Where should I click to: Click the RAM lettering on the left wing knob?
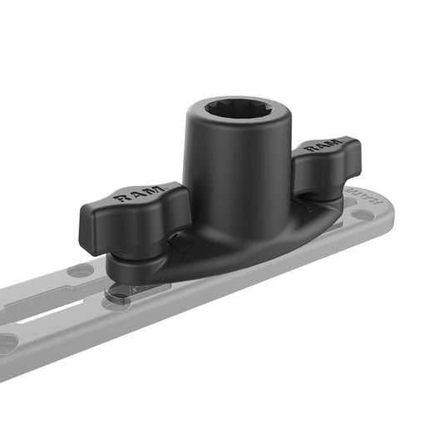tap(134, 196)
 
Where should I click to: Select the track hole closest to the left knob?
tap(81, 271)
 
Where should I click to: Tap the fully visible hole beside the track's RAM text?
tap(363, 214)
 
